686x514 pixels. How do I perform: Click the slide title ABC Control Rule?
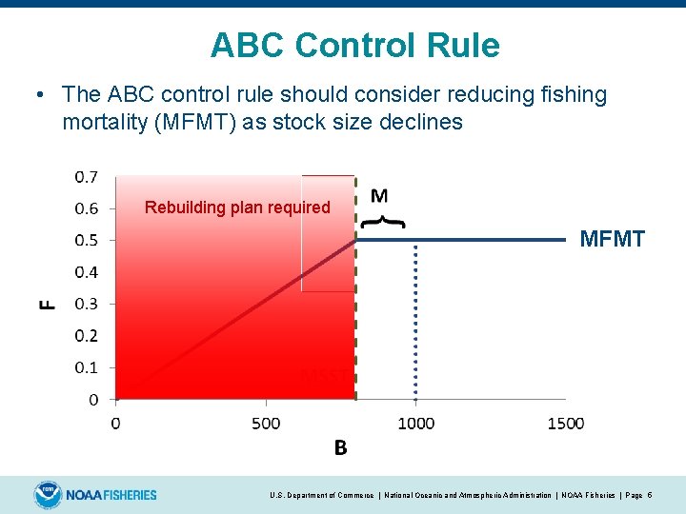tap(354, 45)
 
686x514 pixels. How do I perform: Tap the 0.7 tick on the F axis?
tap(86, 176)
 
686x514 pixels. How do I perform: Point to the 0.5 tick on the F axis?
tap(86, 240)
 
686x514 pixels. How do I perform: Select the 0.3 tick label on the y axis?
tap(86, 304)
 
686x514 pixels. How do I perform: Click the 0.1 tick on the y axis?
tap(86, 367)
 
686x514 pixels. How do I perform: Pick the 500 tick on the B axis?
tap(266, 424)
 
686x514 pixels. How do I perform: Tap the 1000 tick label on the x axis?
tap(414, 424)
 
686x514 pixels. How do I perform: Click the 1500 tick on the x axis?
tap(565, 424)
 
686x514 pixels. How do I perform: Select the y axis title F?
tap(47, 304)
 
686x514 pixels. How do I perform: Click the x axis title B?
tap(340, 448)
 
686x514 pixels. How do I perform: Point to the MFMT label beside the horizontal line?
tap(612, 240)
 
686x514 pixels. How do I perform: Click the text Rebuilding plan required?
tap(237, 208)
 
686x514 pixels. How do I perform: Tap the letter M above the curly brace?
tap(378, 196)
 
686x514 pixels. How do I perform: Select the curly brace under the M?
tap(381, 222)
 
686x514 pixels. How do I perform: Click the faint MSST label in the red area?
tap(324, 376)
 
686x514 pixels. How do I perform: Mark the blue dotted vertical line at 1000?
tap(415, 324)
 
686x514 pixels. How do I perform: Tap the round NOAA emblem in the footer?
tap(48, 495)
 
